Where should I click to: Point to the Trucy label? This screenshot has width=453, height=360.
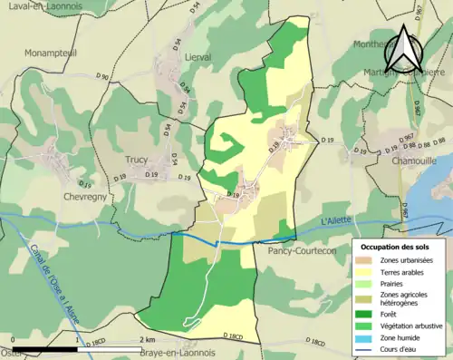click(136, 161)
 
